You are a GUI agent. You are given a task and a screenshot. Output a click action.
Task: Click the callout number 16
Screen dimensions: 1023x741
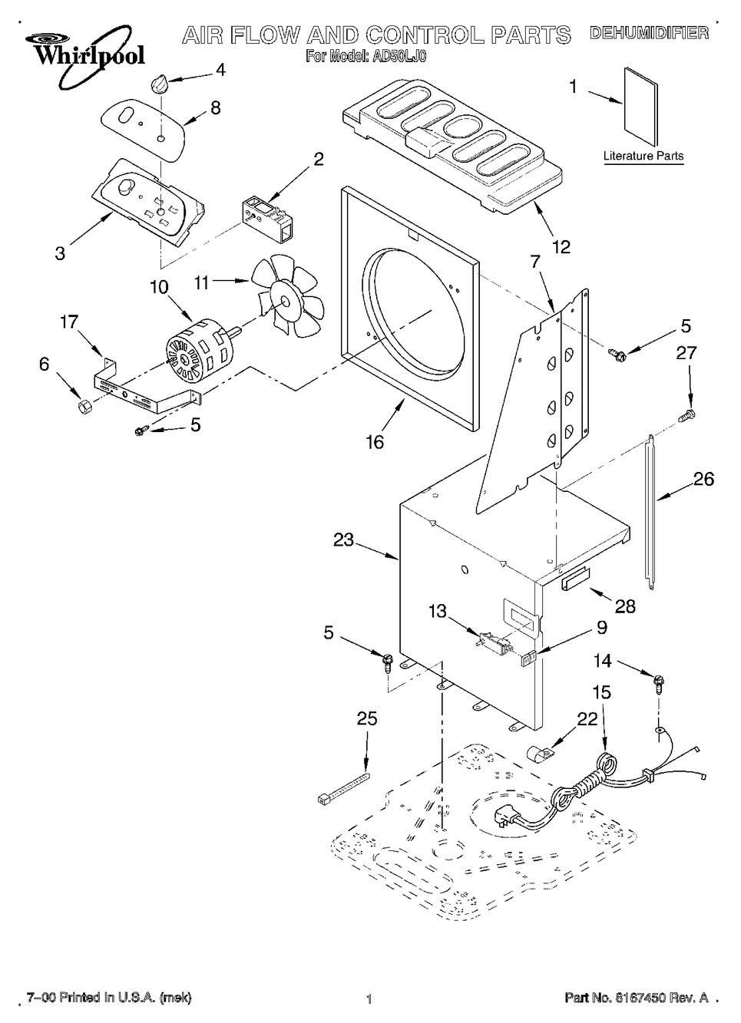[375, 442]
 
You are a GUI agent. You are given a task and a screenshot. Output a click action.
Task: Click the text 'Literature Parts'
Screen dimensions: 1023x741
[643, 157]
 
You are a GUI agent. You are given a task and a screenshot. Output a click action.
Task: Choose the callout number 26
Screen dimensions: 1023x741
[703, 480]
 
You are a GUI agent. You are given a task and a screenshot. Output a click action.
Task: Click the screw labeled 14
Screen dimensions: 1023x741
[659, 681]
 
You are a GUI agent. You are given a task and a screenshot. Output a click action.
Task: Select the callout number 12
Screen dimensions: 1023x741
[561, 247]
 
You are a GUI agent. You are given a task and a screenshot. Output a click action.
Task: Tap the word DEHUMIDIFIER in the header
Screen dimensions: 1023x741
[648, 33]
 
